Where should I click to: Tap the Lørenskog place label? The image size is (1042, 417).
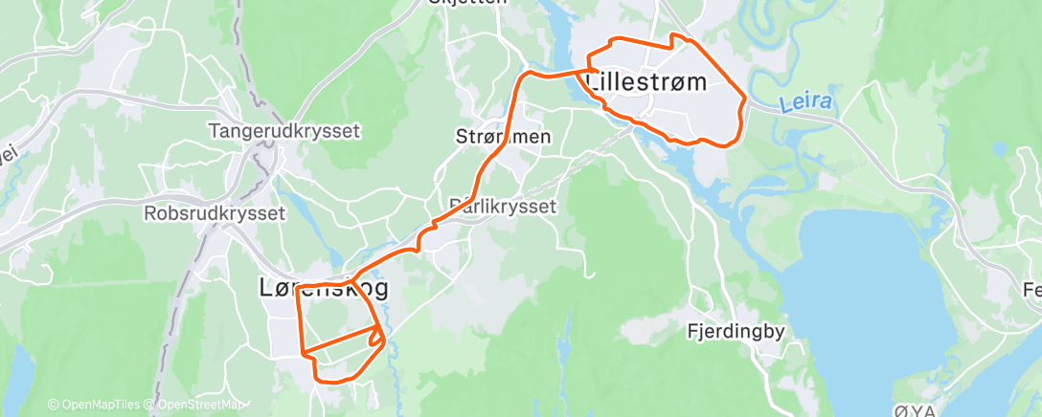click(x=324, y=287)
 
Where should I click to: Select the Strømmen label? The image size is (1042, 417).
click(x=503, y=137)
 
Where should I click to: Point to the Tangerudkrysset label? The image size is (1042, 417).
click(x=284, y=130)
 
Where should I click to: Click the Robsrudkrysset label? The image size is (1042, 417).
click(x=215, y=212)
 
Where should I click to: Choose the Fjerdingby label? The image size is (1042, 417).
click(x=736, y=332)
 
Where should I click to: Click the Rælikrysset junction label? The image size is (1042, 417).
click(x=502, y=205)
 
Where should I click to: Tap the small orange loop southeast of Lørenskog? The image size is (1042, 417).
click(x=375, y=337)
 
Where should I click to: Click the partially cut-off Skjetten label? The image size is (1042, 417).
click(x=468, y=3)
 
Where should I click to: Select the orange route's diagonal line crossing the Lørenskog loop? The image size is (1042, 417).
click(x=340, y=341)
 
